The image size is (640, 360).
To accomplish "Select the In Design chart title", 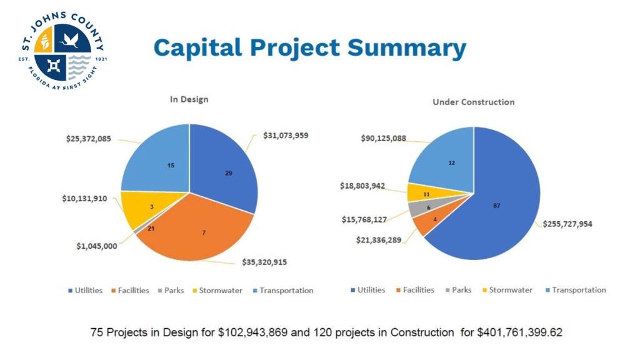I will click(x=189, y=99).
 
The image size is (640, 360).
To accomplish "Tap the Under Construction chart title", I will click(x=474, y=102).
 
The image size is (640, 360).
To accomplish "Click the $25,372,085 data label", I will click(x=89, y=139).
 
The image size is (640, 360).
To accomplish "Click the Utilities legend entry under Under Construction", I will click(x=371, y=290).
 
